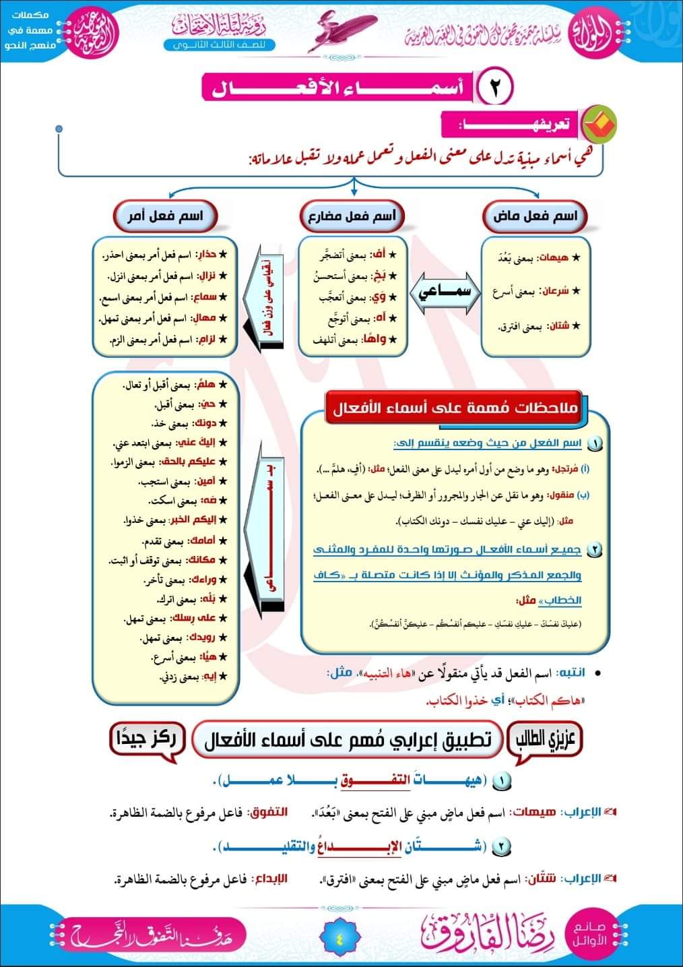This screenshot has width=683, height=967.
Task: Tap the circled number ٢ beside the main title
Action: point(495,88)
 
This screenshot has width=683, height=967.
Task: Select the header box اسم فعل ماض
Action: point(535,217)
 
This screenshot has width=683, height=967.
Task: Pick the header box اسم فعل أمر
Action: point(165,216)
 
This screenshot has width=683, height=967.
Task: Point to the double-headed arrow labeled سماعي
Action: point(445,294)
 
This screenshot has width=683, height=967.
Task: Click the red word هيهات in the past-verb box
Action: point(558,257)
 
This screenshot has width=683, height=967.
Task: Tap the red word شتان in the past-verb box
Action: point(558,326)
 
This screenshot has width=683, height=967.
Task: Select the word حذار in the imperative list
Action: point(207,255)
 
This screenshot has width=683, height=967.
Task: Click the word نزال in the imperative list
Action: point(207,276)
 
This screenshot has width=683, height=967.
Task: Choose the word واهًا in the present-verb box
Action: point(377,340)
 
